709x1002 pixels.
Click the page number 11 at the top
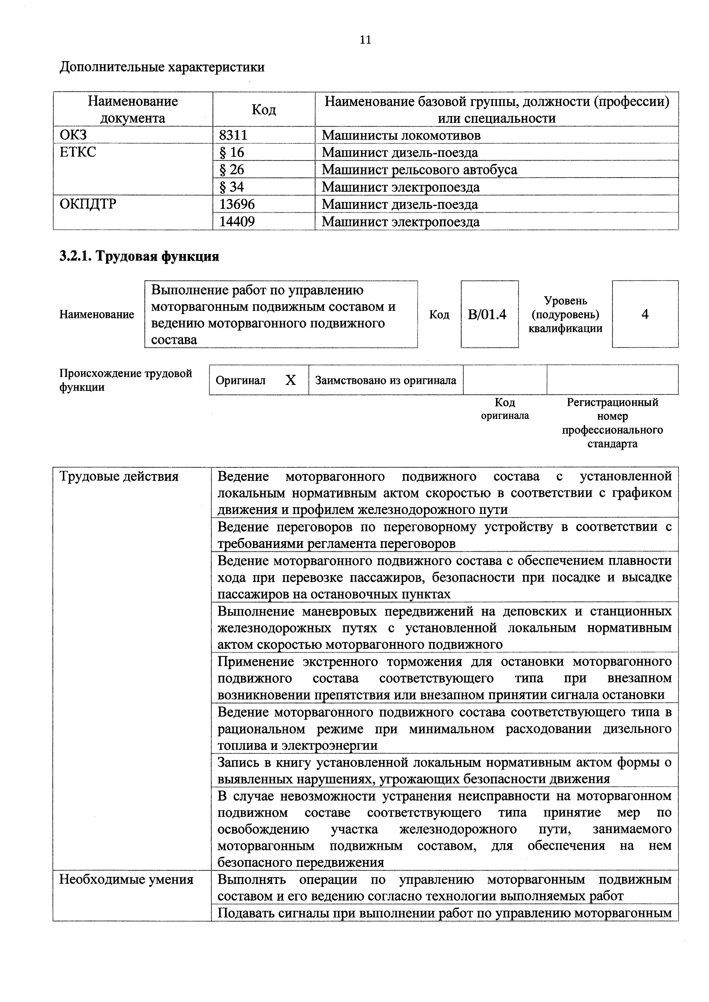(x=365, y=40)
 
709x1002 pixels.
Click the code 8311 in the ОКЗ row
(x=233, y=135)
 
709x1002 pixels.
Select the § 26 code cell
(x=232, y=170)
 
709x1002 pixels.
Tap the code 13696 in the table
(x=237, y=204)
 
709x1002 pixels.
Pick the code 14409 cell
(x=237, y=222)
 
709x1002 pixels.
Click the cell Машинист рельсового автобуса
(x=419, y=170)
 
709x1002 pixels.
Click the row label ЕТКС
(x=78, y=152)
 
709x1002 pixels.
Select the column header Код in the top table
(x=264, y=109)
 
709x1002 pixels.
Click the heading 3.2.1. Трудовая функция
(x=139, y=256)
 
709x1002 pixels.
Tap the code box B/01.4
(x=489, y=314)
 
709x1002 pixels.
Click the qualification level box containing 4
(x=645, y=314)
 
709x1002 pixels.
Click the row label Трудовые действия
(x=119, y=476)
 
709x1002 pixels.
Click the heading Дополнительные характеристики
(x=162, y=67)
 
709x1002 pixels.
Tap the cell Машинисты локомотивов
(x=401, y=135)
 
